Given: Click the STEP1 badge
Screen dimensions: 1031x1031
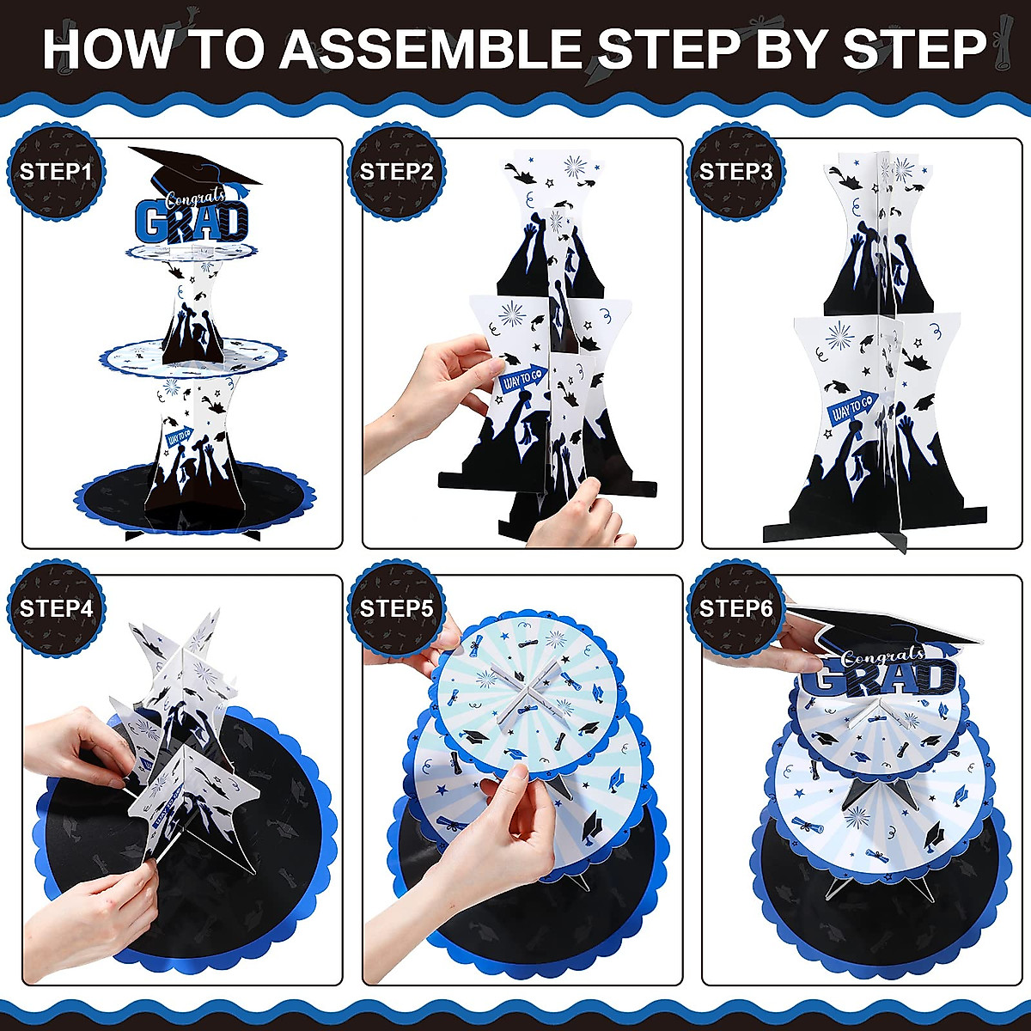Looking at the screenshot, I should click(x=56, y=171).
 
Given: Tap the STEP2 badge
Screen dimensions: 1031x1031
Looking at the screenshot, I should click(x=395, y=171).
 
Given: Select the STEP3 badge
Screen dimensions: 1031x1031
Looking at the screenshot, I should click(x=735, y=171).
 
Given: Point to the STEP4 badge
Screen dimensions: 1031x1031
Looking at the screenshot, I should click(x=56, y=608).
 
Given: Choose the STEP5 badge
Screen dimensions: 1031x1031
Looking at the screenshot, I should click(x=395, y=608).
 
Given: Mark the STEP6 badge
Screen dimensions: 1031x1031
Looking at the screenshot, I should click(x=735, y=608).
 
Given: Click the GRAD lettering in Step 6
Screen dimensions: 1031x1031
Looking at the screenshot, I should click(x=883, y=677).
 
